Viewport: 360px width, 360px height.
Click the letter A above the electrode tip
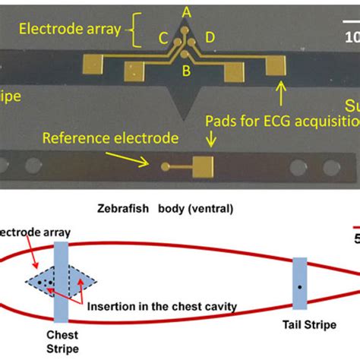tap(186, 12)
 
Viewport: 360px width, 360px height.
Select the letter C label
tap(163, 38)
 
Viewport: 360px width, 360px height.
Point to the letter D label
tap(210, 38)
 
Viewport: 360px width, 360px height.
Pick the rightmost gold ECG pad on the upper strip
tap(274, 68)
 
